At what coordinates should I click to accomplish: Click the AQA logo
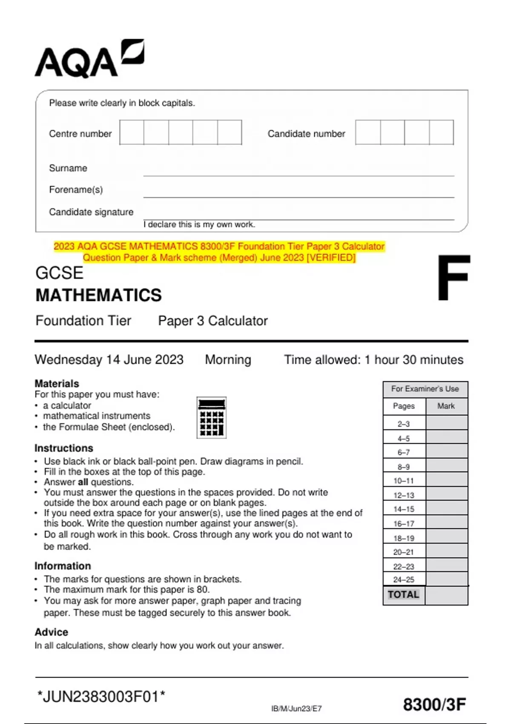[x=89, y=60]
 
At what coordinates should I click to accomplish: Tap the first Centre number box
[x=132, y=132]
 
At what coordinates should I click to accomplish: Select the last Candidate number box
[x=441, y=132]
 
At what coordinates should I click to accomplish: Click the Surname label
[x=68, y=168]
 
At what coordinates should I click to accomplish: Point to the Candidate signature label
[x=91, y=212]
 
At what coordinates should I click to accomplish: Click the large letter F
[x=453, y=278]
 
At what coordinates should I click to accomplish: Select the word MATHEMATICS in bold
[x=98, y=295]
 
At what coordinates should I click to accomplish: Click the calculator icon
[x=211, y=417]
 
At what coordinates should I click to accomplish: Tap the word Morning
[x=228, y=360]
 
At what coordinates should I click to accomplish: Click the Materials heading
[x=57, y=383]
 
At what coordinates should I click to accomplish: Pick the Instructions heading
[x=63, y=448]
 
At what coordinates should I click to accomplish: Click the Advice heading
[x=51, y=632]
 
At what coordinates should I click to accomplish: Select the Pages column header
[x=404, y=406]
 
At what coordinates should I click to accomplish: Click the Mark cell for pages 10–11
[x=446, y=480]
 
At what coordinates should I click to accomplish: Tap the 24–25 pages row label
[x=404, y=580]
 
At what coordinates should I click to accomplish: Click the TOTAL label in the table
[x=403, y=595]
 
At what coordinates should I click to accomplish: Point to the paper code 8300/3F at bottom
[x=434, y=705]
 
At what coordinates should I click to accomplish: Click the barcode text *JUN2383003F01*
[x=101, y=697]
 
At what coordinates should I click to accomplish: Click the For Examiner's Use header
[x=425, y=389]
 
